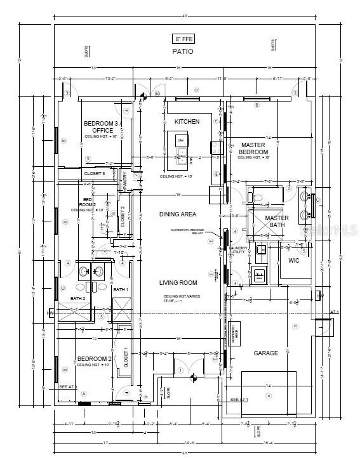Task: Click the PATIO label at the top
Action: [182, 51]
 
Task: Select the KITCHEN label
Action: [187, 121]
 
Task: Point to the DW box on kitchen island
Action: [180, 140]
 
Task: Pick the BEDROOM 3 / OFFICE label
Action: [102, 127]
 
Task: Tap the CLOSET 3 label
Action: [95, 173]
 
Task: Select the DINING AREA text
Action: [177, 214]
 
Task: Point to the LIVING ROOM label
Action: [178, 283]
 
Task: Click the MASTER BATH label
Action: [276, 221]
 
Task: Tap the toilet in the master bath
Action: [257, 198]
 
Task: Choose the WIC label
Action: [293, 260]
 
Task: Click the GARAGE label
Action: [266, 353]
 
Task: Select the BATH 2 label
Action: [77, 299]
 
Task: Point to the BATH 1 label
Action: [121, 290]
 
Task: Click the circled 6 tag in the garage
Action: [269, 395]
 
